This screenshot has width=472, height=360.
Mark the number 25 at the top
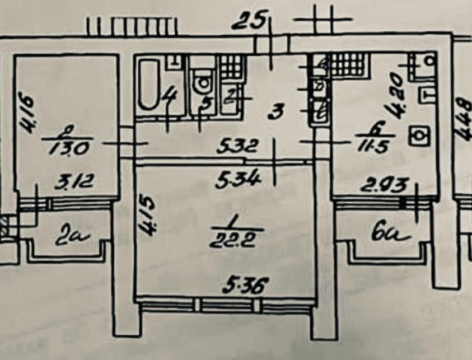click(x=248, y=24)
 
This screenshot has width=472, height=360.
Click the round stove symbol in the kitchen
click(x=417, y=135)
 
